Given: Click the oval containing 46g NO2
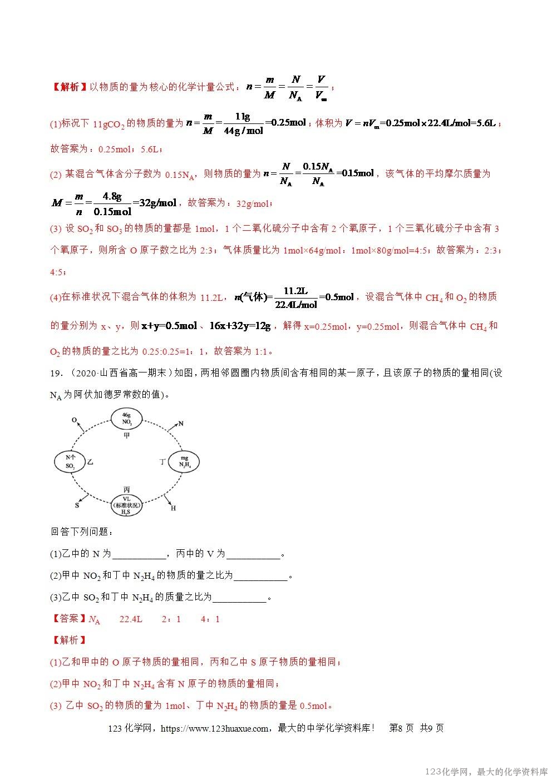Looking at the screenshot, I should [x=126, y=418].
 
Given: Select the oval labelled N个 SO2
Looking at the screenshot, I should [x=70, y=460].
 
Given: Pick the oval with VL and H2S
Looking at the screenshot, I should [x=126, y=502].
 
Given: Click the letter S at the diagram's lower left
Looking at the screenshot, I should [x=77, y=505].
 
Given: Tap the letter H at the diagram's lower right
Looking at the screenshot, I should [x=173, y=507].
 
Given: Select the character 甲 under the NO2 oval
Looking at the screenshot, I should [x=126, y=436].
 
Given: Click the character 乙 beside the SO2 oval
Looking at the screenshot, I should [x=91, y=461].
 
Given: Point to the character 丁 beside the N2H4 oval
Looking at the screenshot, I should [x=163, y=461].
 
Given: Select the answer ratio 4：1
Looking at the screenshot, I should [x=210, y=619].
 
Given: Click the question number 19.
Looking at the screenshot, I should [x=56, y=373].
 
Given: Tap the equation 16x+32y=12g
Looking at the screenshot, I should [x=240, y=326].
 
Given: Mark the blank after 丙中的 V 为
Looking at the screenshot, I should [x=253, y=554].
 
